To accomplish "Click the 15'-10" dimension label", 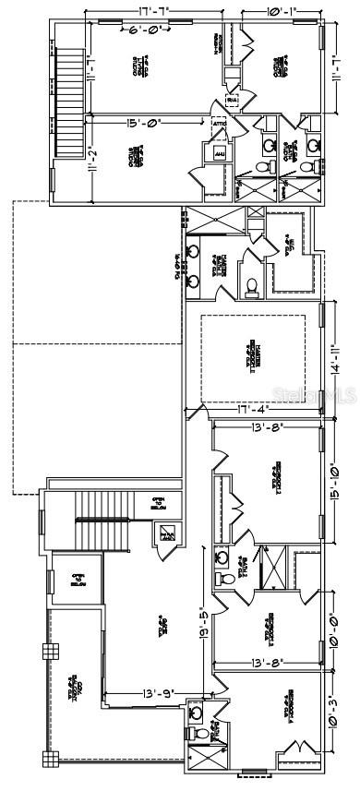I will click(x=333, y=481).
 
